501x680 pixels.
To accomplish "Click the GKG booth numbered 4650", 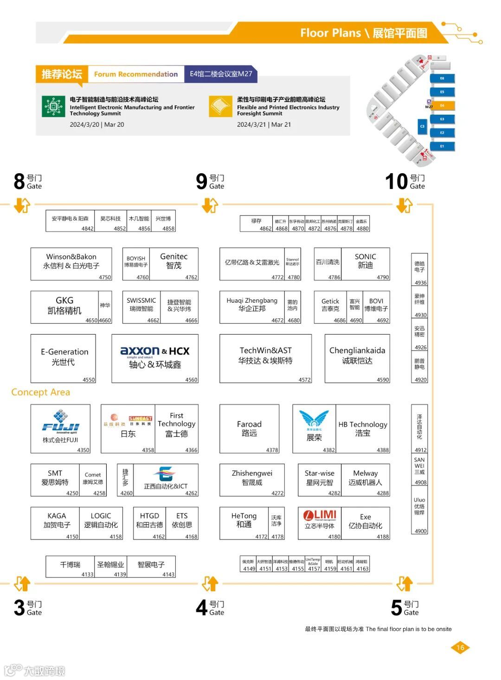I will [x=64, y=306].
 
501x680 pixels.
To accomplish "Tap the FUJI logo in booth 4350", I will [x=61, y=422].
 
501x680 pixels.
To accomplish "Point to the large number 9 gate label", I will [x=201, y=181].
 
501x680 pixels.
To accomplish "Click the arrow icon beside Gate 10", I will [x=405, y=205].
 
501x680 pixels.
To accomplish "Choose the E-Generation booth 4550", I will [x=63, y=358].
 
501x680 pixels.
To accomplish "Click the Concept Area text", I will [x=40, y=392].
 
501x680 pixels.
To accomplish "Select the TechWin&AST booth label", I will [x=265, y=356].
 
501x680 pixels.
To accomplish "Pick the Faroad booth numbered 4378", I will [x=249, y=428].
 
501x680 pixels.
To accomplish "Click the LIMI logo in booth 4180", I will [x=320, y=515].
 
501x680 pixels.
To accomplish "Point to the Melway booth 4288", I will [x=366, y=478].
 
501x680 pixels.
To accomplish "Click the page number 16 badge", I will [x=460, y=648].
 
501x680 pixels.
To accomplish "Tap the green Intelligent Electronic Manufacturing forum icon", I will [x=53, y=107].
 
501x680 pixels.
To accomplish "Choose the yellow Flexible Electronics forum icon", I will [x=220, y=107].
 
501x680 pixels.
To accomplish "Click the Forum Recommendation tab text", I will [x=136, y=74].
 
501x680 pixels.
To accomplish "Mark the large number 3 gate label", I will [x=19, y=608].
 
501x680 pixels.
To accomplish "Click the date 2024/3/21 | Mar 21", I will [x=264, y=124].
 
